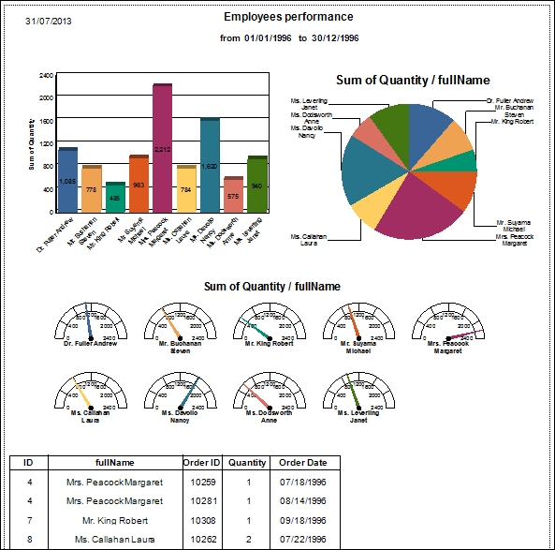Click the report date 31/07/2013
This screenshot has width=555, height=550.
click(46, 21)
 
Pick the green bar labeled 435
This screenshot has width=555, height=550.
click(115, 198)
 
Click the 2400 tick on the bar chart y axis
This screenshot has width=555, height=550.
click(46, 74)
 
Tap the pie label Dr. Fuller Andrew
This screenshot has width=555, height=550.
click(510, 99)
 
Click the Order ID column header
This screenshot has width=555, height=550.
click(202, 462)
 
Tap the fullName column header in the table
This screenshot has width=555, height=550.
click(115, 462)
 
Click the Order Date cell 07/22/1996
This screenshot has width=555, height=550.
click(303, 539)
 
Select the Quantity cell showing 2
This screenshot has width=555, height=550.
click(248, 539)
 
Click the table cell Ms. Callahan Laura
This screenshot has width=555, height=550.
click(115, 539)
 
